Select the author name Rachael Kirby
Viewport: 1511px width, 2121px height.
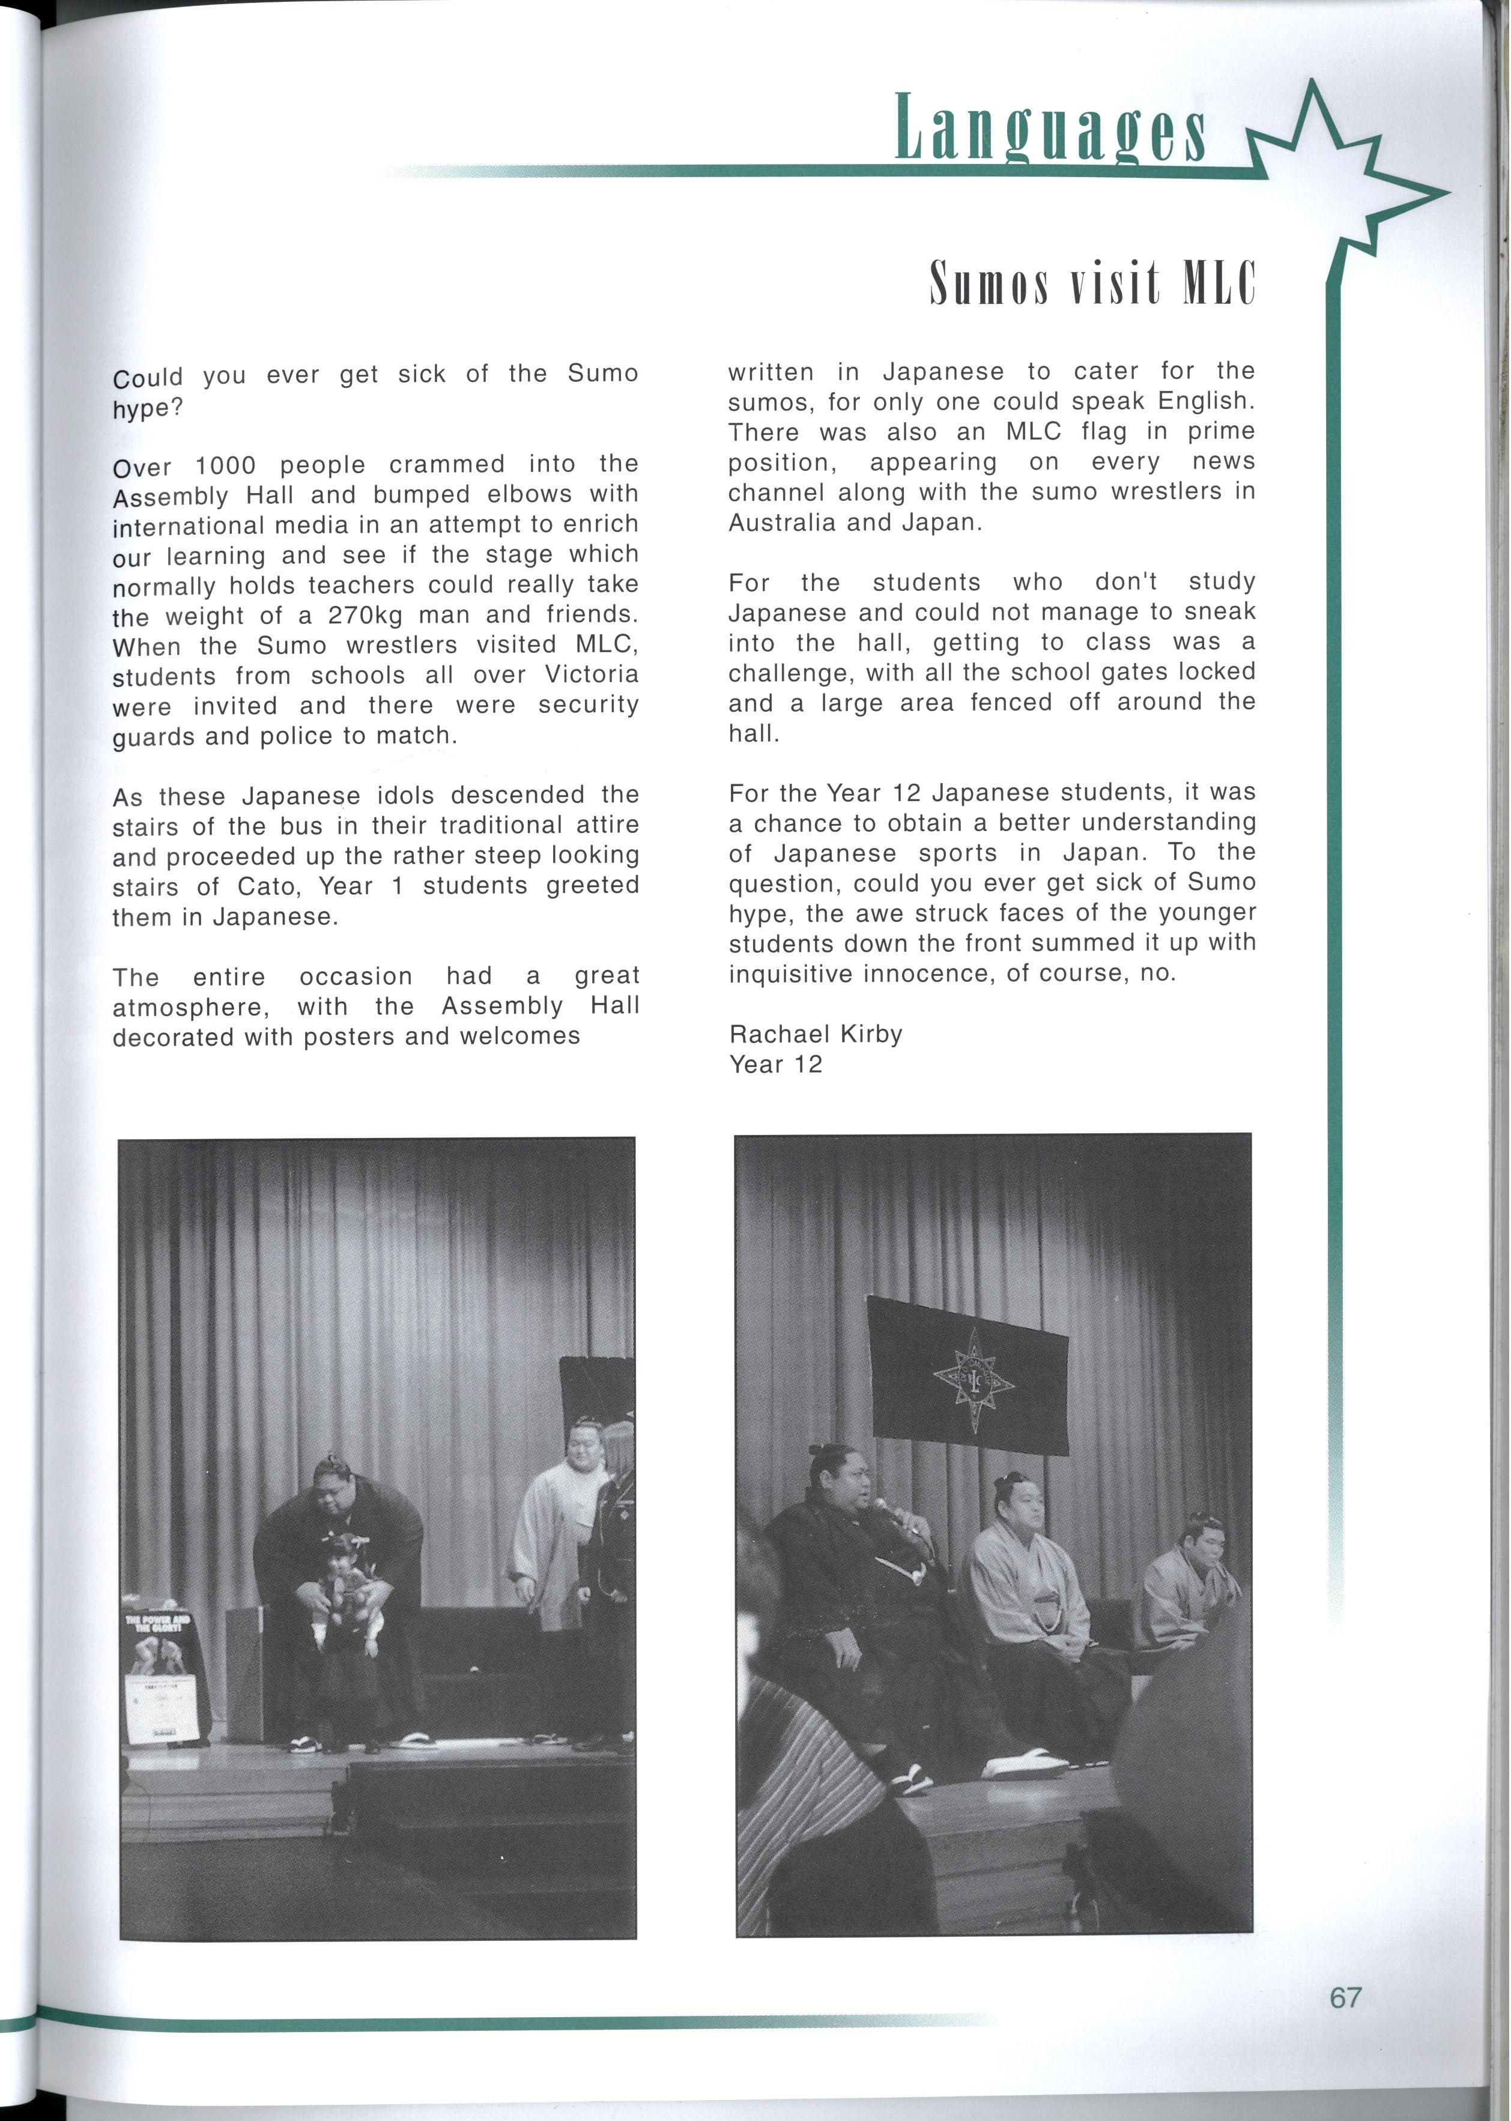pos(815,1033)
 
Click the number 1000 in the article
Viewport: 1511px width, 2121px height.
pos(225,465)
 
